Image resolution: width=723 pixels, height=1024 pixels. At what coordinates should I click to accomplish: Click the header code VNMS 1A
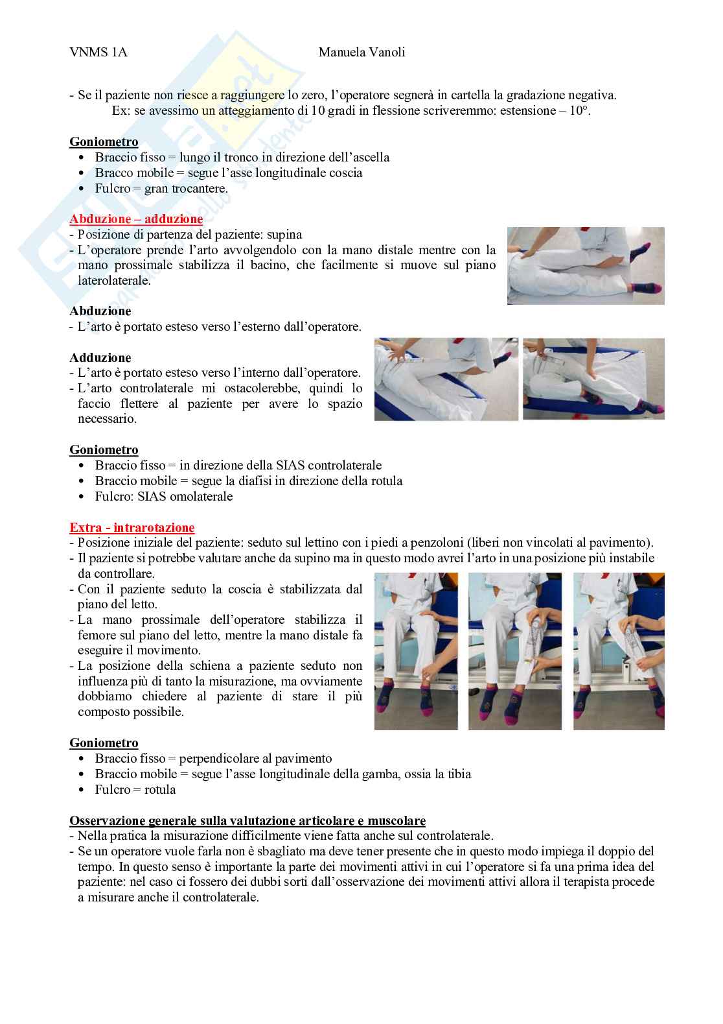98,52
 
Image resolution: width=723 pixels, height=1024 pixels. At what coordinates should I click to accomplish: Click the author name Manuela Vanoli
361,52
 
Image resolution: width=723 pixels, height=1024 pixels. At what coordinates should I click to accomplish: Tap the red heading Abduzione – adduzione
136,219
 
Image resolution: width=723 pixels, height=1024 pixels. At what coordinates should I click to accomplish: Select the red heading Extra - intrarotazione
132,527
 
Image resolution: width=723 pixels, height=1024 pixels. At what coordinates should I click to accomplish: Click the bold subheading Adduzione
100,357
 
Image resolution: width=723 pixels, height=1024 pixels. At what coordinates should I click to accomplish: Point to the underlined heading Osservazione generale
247,820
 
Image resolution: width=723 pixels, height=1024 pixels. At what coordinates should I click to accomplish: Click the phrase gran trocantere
186,188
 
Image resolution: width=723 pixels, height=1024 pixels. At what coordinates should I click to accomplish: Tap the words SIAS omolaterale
185,497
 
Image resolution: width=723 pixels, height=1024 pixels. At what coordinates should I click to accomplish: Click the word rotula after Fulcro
160,789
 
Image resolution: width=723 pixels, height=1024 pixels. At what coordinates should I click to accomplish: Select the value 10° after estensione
580,111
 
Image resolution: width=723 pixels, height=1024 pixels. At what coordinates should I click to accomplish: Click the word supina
284,235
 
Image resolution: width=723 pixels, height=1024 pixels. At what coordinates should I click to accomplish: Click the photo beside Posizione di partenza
586,266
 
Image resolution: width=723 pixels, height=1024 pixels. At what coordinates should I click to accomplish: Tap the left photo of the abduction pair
446,379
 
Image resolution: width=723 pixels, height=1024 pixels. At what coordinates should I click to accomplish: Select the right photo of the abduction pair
593,379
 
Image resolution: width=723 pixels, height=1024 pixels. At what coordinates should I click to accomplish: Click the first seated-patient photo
416,651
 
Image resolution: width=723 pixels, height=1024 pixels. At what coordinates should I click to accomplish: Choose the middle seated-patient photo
515,651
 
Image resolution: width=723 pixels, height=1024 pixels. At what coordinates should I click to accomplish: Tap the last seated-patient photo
619,651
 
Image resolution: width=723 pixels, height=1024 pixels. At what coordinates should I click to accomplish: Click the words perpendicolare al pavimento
255,759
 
